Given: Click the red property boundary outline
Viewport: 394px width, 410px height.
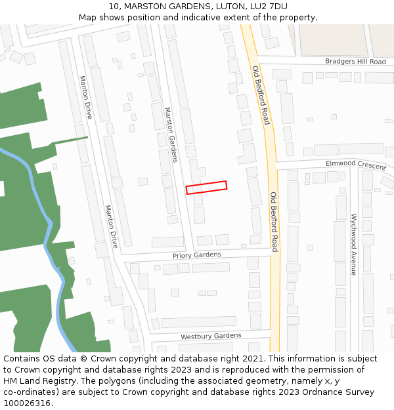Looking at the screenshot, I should (206, 188).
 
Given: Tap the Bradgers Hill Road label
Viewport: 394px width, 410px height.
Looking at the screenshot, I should (355, 62).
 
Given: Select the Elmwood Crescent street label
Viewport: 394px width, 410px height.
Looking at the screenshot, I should (355, 165).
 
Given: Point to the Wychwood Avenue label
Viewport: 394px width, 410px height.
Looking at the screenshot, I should (353, 244).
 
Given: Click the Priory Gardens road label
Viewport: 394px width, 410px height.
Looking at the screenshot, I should (197, 255).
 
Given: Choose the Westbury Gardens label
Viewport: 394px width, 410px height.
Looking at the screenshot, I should (211, 336).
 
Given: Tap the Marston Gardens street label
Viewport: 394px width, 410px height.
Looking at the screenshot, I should (171, 134).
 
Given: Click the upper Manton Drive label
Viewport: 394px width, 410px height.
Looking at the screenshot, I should (86, 97).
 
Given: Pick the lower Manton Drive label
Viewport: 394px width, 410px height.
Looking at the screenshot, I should (111, 226).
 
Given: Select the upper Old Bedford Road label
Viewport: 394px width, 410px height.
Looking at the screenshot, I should (261, 94).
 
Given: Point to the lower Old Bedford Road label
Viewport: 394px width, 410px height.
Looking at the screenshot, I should (274, 222).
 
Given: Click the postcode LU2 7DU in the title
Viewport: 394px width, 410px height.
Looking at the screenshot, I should (269, 7).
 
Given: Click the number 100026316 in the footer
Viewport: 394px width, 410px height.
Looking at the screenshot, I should (27, 403).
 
